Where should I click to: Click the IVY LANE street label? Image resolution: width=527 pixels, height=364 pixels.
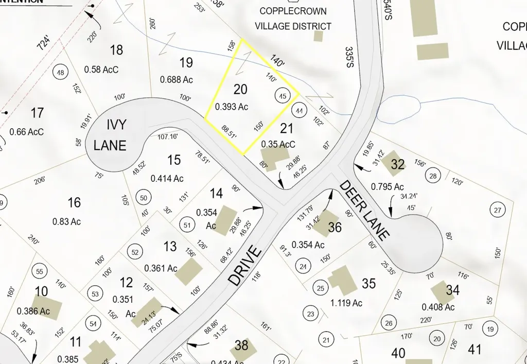[x=109, y=135]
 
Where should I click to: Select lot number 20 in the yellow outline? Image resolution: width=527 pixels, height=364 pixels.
[x=240, y=89]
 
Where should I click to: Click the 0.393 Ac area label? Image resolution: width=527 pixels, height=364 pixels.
[x=233, y=107]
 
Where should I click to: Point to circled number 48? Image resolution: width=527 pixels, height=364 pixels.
[x=61, y=73]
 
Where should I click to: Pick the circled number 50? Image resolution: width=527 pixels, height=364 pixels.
[x=143, y=198]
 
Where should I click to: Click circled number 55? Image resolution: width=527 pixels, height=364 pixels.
[x=39, y=270]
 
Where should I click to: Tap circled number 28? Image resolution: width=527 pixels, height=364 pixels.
[x=433, y=177]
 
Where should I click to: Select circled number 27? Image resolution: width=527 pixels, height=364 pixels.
[x=497, y=210]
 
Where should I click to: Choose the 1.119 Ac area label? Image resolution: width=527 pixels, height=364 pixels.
[x=346, y=303]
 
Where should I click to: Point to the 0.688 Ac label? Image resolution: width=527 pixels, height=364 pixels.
[x=176, y=80]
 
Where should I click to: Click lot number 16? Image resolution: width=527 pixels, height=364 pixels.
[x=74, y=202]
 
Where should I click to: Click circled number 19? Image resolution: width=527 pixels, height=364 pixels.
[x=490, y=330]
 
